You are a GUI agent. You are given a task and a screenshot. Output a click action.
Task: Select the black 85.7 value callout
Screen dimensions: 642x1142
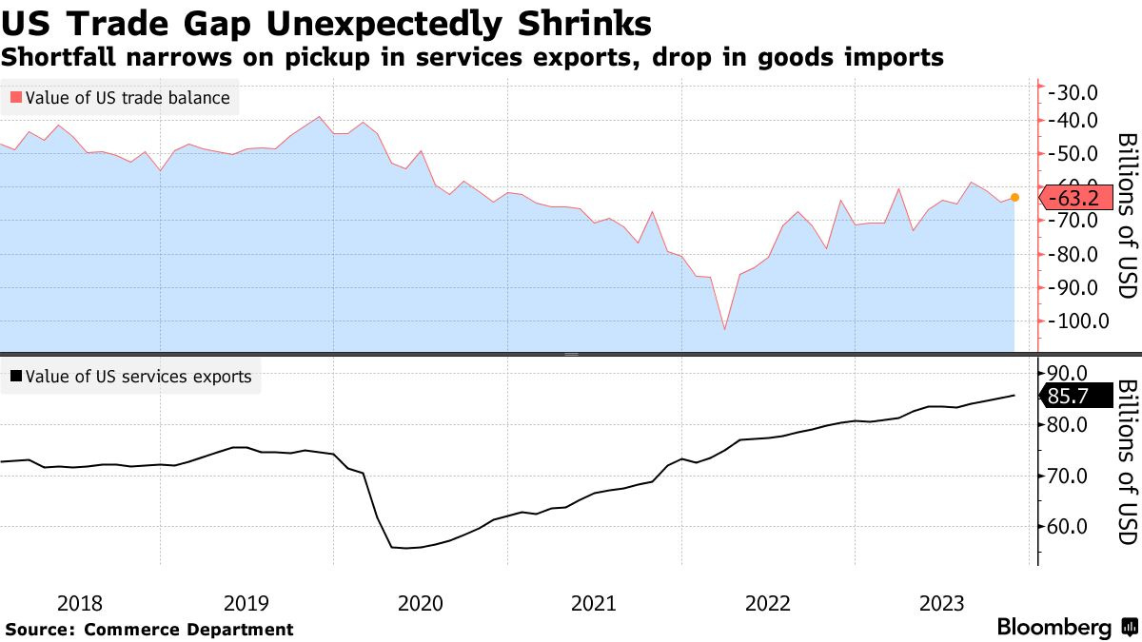(1077, 396)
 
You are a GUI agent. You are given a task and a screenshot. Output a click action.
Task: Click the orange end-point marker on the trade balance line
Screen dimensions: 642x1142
(1014, 198)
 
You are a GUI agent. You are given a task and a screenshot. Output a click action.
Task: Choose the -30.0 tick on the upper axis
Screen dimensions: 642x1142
(1073, 92)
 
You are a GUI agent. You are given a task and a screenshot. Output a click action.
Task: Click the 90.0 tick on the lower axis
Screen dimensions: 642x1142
(1069, 373)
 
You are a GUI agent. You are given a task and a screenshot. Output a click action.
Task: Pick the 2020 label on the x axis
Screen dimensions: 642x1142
(420, 603)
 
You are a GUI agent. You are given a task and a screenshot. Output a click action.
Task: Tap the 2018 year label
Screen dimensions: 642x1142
(80, 603)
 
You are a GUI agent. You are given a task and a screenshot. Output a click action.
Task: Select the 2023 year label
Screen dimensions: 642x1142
(941, 603)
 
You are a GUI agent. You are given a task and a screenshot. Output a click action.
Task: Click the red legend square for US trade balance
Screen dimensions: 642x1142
(15, 97)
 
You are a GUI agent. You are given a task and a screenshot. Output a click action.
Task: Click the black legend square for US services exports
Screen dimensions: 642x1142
(15, 377)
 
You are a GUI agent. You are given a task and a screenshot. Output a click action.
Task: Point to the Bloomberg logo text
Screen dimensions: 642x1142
(1053, 628)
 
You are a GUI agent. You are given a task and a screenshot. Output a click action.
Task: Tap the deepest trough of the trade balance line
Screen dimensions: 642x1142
(725, 330)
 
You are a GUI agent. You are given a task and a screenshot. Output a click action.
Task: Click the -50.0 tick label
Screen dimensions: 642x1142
(1073, 154)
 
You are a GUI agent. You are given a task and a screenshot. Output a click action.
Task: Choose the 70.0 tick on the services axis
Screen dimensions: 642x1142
(1069, 476)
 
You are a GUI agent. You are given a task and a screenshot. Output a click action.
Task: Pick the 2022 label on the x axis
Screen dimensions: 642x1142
(768, 603)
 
